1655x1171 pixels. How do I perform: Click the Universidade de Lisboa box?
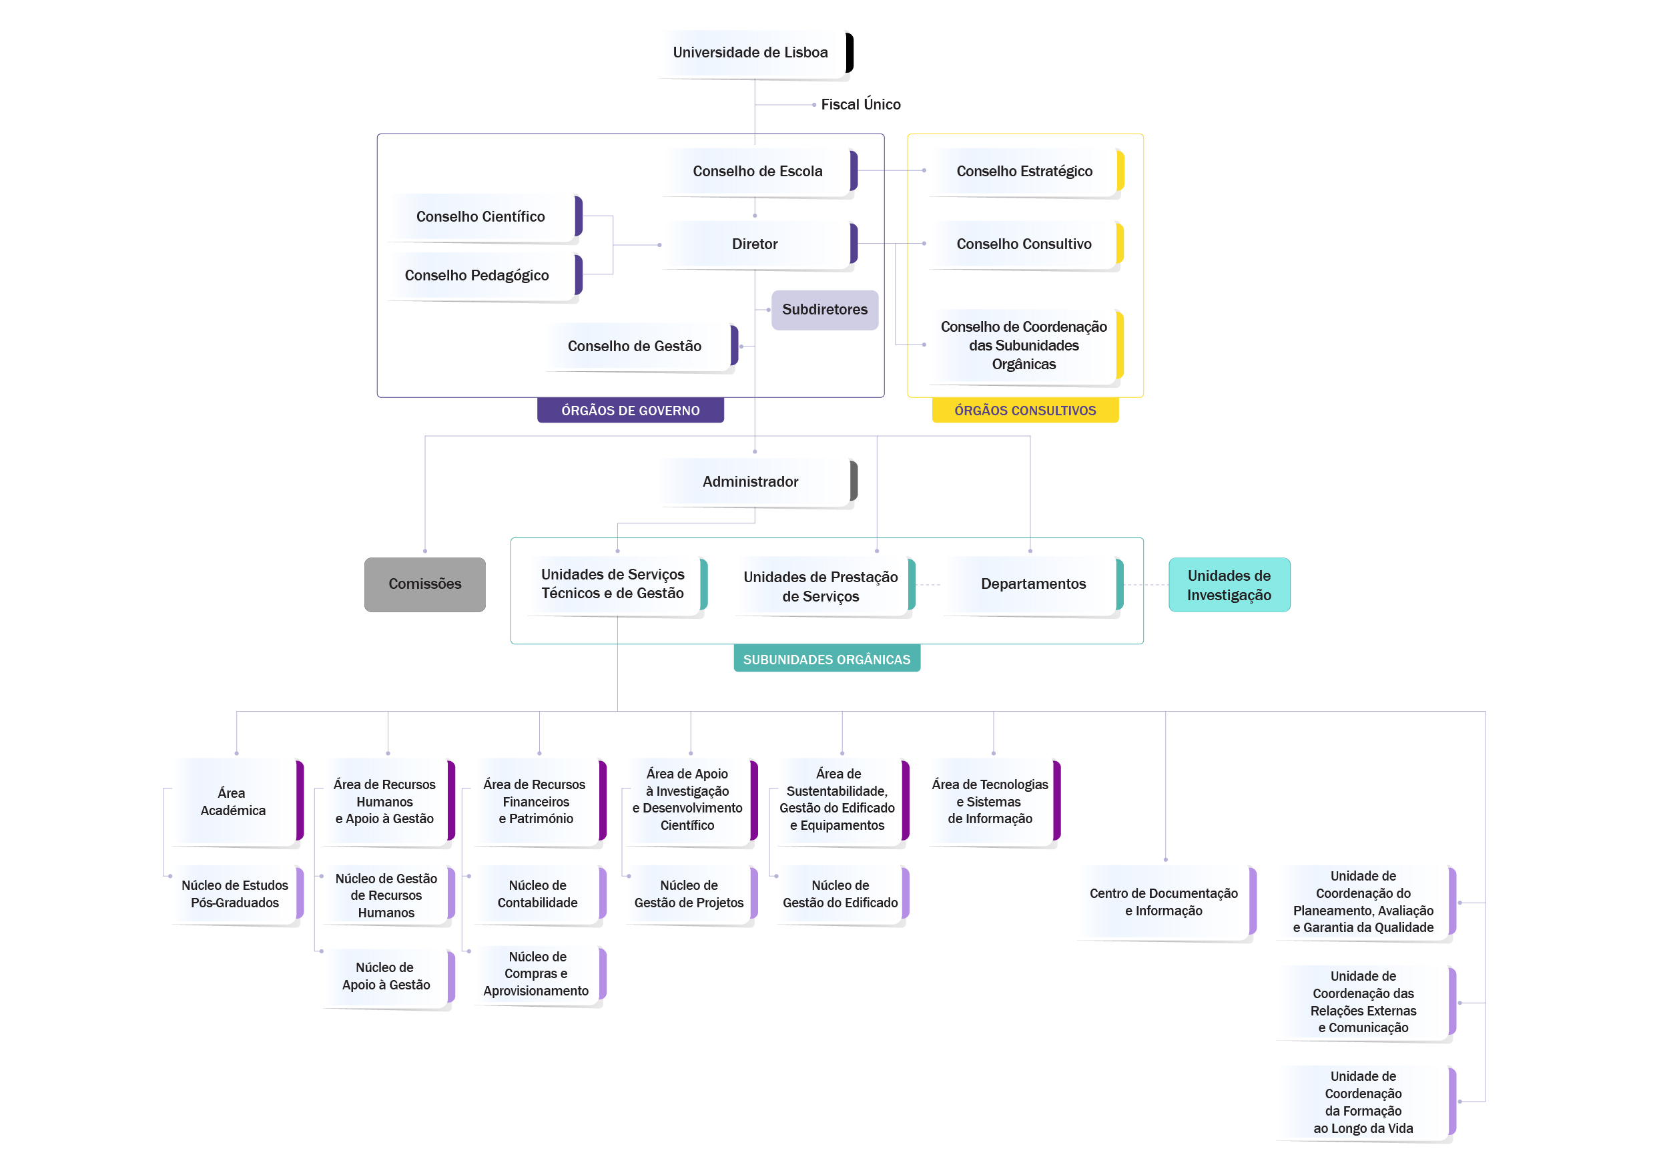tap(755, 53)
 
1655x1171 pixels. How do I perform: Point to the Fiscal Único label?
tap(861, 105)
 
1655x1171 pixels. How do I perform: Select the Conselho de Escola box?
tap(759, 172)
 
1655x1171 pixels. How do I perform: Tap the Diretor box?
tap(759, 244)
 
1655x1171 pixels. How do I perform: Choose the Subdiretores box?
tap(825, 310)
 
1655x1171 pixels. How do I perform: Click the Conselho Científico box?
tap(485, 217)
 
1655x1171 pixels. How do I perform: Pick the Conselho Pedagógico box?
tap(485, 276)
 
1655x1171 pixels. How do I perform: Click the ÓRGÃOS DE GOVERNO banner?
tap(631, 411)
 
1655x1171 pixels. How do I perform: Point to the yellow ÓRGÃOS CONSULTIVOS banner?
tap(1025, 411)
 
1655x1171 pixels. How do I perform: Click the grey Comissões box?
tap(425, 585)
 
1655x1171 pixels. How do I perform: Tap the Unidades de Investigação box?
tap(1230, 585)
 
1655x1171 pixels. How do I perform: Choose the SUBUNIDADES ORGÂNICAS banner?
tap(827, 659)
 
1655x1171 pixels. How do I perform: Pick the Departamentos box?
tap(1034, 585)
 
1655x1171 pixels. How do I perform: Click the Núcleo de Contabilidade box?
tap(539, 894)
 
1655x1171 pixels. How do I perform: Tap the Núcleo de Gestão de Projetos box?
tap(691, 894)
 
